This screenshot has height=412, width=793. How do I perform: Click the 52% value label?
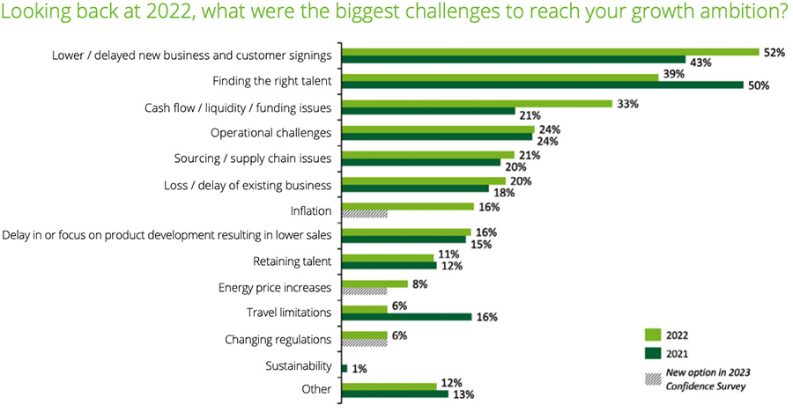coord(774,52)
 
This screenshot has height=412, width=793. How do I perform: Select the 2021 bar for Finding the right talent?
coord(542,86)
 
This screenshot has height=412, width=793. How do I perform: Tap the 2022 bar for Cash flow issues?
coord(476,103)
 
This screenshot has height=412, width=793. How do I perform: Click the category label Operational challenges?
coord(271,133)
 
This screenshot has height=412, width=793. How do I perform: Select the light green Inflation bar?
coord(407,207)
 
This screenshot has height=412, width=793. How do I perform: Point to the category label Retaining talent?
coord(292,261)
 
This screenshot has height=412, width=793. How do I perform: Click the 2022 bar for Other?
coord(389,385)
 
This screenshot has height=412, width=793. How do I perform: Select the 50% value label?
coord(760,86)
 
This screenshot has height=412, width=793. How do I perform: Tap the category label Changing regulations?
coord(278,339)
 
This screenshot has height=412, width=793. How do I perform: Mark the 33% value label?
coord(626,103)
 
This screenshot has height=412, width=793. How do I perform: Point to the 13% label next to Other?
coord(462,394)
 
